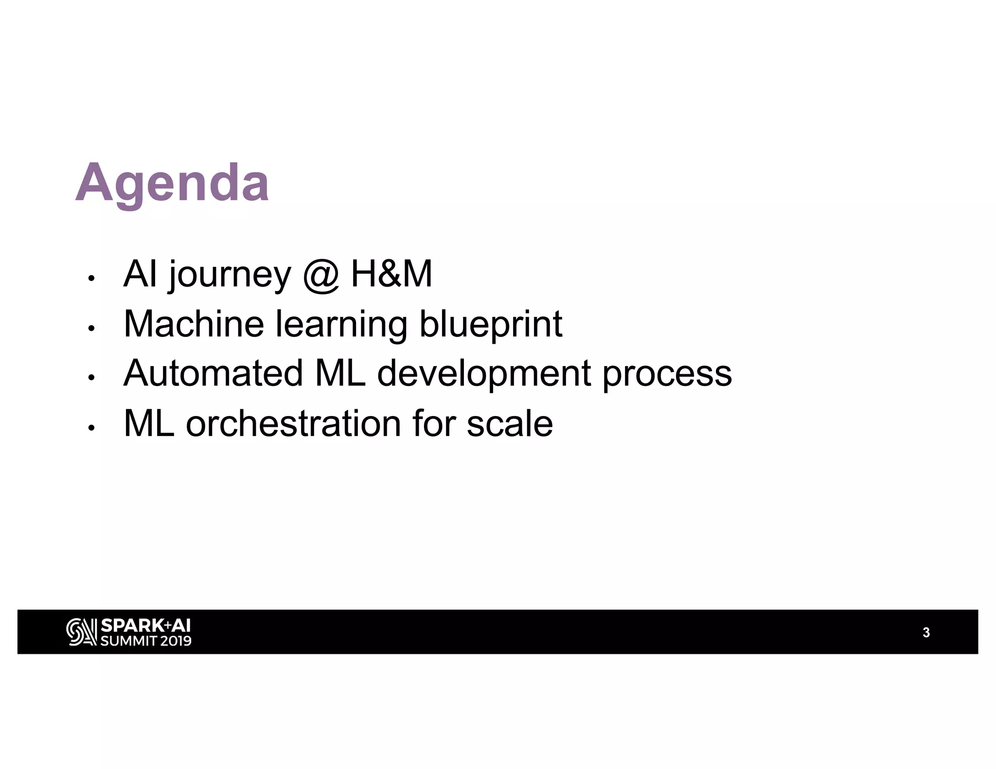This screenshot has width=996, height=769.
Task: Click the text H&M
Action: pos(391,274)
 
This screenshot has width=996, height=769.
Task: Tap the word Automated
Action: pos(213,373)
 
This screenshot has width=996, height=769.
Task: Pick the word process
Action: pos(667,374)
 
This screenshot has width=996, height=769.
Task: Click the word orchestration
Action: pos(293,423)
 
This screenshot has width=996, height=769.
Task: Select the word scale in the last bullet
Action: pos(509,423)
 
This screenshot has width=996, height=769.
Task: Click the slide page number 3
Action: pos(926,632)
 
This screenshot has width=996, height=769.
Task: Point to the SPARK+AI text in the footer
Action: pos(145,626)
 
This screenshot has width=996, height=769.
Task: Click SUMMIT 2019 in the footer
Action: pos(145,641)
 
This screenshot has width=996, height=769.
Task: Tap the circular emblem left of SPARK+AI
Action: pos(81,632)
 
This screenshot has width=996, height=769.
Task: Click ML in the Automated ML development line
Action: pos(340,373)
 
